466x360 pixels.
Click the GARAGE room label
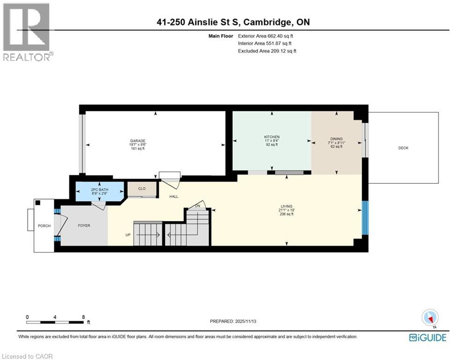pos(137,141)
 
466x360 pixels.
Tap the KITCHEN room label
pos(272,137)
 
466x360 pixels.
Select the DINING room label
pos(336,139)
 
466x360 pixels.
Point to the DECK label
pos(403,148)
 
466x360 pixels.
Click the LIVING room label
pos(286,206)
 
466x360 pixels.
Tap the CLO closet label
pos(141,188)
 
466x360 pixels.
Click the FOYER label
pos(84,225)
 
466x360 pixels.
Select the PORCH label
pos(44,226)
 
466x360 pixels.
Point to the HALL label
pos(174,196)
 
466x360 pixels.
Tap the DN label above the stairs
pos(198,206)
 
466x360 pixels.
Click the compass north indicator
pos(429,318)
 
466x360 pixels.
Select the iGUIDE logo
pos(428,337)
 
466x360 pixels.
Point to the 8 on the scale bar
pos(83,317)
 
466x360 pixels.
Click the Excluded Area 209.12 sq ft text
pos(267,51)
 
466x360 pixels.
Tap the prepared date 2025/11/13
pos(233,321)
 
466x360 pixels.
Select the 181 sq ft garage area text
pos(137,149)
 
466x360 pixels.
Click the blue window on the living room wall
pos(365,218)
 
